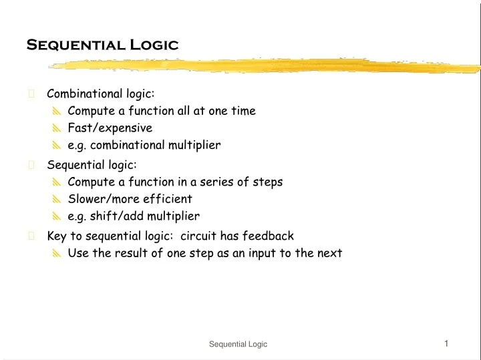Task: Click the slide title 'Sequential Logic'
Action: click(x=102, y=45)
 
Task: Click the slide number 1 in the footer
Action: click(x=446, y=343)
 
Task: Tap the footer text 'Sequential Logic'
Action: click(x=238, y=344)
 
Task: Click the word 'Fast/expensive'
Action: click(x=110, y=128)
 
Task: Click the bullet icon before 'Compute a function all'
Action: click(x=57, y=112)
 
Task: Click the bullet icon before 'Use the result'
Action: click(x=57, y=254)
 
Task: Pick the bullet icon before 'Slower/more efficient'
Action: click(x=57, y=199)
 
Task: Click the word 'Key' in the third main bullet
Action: click(x=56, y=236)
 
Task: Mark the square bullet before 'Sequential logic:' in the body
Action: click(x=31, y=164)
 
